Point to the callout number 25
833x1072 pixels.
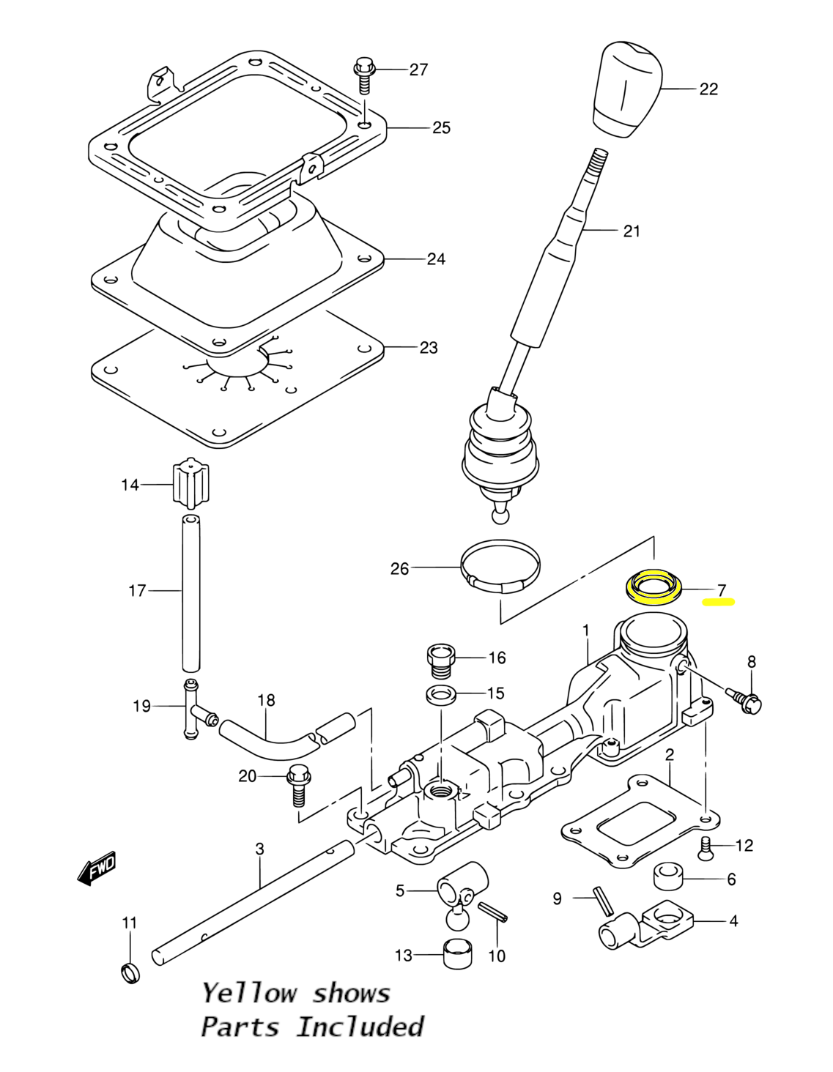442,127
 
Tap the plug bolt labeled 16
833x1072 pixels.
440,661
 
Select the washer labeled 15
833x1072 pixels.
441,695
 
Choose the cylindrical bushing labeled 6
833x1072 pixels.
668,876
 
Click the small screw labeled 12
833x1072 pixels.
706,848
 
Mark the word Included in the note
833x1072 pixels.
360,1027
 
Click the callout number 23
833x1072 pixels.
429,348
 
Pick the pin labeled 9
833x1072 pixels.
604,899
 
